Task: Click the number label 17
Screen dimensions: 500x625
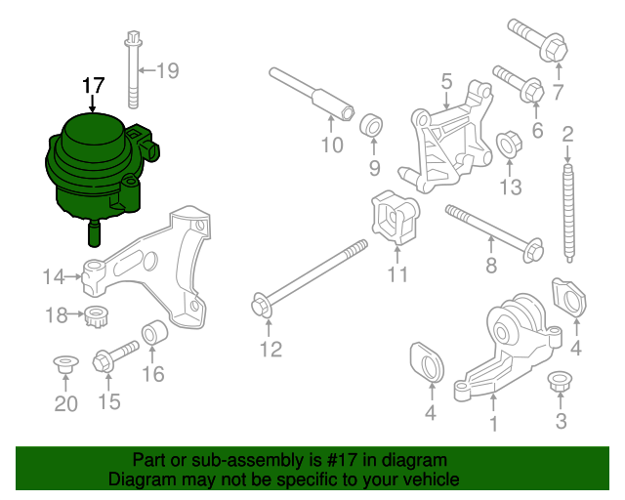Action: click(x=93, y=86)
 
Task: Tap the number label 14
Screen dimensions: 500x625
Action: click(x=54, y=277)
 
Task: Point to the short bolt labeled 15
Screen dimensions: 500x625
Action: click(x=113, y=357)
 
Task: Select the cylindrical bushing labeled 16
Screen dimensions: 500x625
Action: click(x=155, y=336)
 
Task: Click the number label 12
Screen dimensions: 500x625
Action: click(x=271, y=348)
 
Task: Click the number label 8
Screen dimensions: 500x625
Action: click(x=491, y=264)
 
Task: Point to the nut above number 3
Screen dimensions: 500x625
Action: click(x=560, y=382)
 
